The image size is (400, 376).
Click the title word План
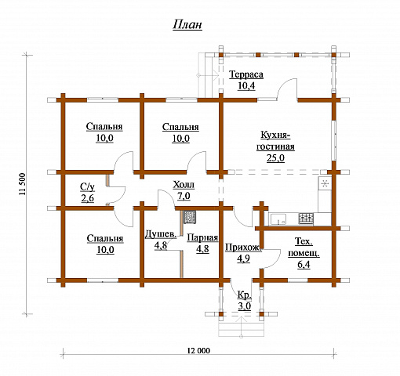pyautogui.click(x=187, y=25)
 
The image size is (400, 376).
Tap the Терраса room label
pyautogui.click(x=246, y=74)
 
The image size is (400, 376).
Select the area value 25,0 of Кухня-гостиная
pyautogui.click(x=275, y=158)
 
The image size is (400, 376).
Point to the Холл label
pyautogui.click(x=184, y=185)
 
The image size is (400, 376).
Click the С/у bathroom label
pyautogui.click(x=87, y=187)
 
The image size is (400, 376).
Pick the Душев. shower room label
pyautogui.click(x=161, y=234)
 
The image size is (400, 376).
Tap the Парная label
pyautogui.click(x=202, y=237)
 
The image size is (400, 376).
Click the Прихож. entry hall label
pyautogui.click(x=243, y=248)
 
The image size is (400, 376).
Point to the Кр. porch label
pyautogui.click(x=245, y=295)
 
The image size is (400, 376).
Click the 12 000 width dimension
pyautogui.click(x=198, y=350)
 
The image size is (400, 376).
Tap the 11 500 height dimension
pyautogui.click(x=23, y=184)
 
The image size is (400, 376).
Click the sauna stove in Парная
pyautogui.click(x=189, y=217)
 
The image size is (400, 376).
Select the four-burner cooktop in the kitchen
pyautogui.click(x=306, y=219)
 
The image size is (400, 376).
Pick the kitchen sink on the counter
pyautogui.click(x=278, y=219)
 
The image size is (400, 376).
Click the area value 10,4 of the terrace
pyautogui.click(x=246, y=85)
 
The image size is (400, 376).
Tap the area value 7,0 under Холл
pyautogui.click(x=184, y=196)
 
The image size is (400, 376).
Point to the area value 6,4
pyautogui.click(x=304, y=265)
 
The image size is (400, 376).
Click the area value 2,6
pyautogui.click(x=87, y=198)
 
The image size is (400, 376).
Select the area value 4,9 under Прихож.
pyautogui.click(x=243, y=258)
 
